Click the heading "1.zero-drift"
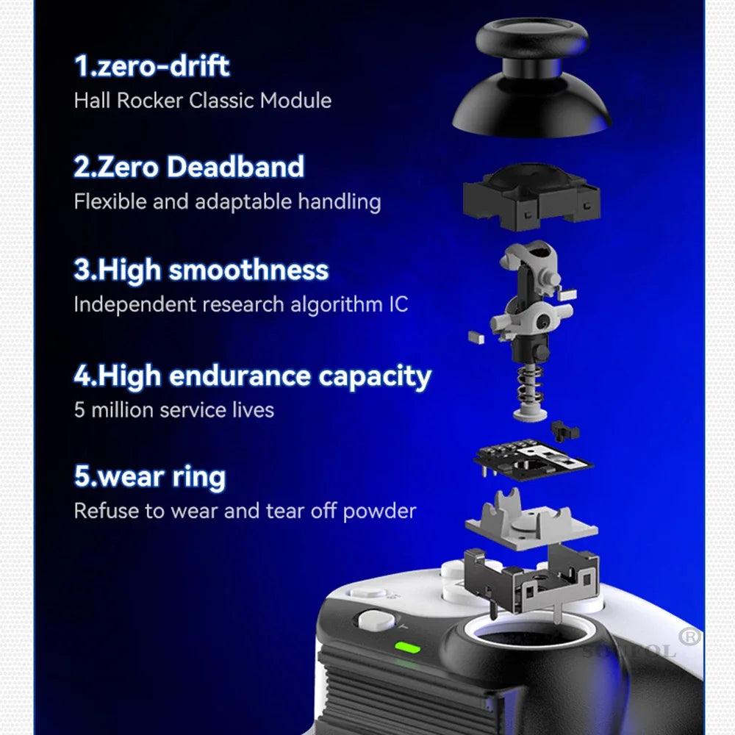pyautogui.click(x=151, y=66)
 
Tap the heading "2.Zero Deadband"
pyautogui.click(x=189, y=167)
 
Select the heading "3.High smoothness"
pyautogui.click(x=201, y=270)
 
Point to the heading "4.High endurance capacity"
pyautogui.click(x=252, y=376)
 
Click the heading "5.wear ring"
pyautogui.click(x=149, y=477)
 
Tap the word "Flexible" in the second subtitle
pyautogui.click(x=110, y=201)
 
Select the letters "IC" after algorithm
pyautogui.click(x=397, y=304)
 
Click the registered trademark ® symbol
pyautogui.click(x=689, y=637)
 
